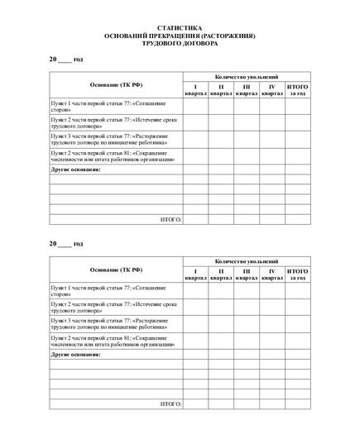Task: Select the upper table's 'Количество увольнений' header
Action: [x=247, y=75]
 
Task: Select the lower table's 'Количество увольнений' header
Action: [x=247, y=260]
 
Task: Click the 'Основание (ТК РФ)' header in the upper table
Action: [x=116, y=85]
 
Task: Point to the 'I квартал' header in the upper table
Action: [x=195, y=90]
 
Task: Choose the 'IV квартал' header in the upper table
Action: [x=272, y=90]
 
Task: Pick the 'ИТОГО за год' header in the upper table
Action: [x=298, y=90]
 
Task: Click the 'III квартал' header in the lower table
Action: [x=247, y=275]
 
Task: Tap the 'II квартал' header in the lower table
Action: [x=221, y=275]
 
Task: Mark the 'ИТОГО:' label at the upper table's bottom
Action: [x=170, y=220]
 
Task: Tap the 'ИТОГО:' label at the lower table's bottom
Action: [x=170, y=404]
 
